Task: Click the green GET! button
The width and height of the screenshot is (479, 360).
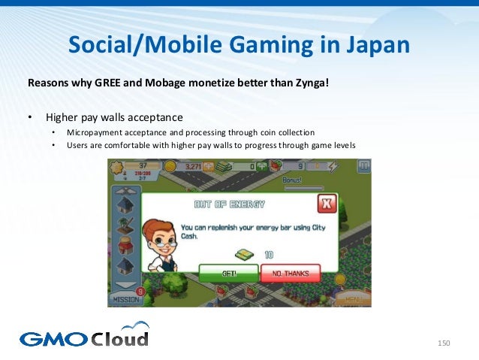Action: click(228, 274)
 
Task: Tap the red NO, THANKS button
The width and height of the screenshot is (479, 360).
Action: click(290, 274)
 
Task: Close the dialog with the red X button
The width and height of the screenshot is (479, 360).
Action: click(326, 204)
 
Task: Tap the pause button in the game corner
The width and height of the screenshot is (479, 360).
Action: click(363, 166)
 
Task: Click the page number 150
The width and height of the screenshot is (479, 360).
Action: click(443, 343)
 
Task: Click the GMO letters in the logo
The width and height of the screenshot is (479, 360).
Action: click(53, 339)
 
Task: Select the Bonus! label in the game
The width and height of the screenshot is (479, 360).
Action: click(291, 180)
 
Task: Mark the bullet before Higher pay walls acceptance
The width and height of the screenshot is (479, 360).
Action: click(30, 117)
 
